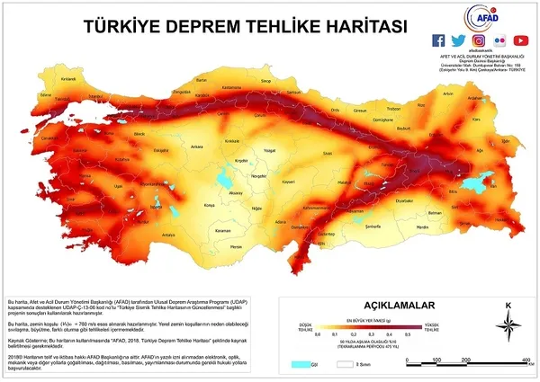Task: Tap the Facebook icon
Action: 438,40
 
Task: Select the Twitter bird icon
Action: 459,40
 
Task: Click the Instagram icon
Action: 480,40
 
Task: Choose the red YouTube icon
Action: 521,40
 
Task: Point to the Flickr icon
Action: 500,40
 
